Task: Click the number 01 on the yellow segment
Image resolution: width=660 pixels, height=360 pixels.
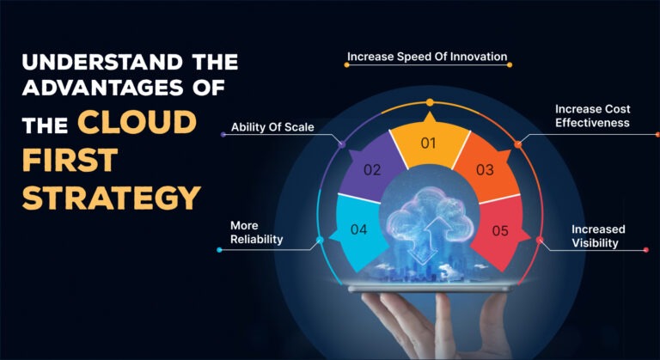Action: point(428,143)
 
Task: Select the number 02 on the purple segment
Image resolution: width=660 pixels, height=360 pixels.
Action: point(371,169)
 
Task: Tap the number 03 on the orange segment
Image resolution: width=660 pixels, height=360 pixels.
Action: point(485,169)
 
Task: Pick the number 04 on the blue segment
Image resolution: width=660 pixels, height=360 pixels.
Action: point(359,229)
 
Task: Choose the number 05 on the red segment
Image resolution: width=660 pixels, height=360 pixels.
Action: point(499,230)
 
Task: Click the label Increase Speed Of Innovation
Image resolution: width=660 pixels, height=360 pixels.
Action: point(427,58)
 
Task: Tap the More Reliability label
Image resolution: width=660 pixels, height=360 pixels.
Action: point(256,233)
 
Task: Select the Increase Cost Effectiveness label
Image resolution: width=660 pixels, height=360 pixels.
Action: point(592,116)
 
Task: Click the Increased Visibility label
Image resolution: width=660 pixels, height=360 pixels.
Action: point(598,236)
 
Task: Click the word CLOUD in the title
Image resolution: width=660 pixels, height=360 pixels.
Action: point(137,122)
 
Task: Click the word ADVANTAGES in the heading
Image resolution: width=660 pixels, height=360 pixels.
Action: point(108,90)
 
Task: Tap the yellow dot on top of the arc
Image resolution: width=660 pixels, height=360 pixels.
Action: point(430,103)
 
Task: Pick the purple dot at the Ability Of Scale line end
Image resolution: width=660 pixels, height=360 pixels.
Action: point(224,134)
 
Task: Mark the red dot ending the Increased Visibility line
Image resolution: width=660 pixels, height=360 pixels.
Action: point(645,250)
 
